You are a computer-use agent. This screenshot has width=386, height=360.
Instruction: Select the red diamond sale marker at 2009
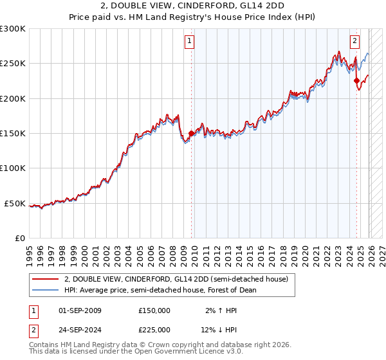(x=191, y=134)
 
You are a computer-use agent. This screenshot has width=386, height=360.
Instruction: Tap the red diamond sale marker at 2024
(x=357, y=81)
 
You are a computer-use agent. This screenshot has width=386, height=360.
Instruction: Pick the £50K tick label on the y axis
(x=15, y=203)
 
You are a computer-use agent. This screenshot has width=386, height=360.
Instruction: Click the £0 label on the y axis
(x=20, y=239)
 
